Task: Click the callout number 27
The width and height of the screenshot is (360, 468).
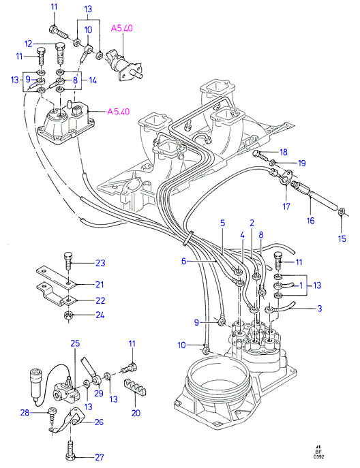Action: [100, 457]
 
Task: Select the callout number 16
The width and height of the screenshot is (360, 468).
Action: [310, 221]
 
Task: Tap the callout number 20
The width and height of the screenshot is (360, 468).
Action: [136, 413]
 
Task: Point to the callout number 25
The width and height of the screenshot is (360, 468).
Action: [75, 343]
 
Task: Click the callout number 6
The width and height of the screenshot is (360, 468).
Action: [183, 261]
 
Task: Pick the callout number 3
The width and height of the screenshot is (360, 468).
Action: [319, 309]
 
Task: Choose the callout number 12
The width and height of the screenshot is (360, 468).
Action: [28, 44]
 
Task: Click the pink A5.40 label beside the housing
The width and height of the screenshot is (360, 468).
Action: [119, 112]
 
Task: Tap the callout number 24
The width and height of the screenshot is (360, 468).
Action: [100, 315]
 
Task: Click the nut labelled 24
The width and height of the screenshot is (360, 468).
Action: [67, 315]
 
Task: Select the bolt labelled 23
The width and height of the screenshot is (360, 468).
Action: [67, 261]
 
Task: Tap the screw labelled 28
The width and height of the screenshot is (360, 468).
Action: [52, 415]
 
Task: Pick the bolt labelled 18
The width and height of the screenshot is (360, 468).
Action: [261, 155]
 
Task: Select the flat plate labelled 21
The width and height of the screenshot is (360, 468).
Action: [56, 277]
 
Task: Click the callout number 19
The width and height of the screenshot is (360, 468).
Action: [302, 163]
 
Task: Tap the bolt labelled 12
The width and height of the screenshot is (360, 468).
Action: [60, 53]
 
